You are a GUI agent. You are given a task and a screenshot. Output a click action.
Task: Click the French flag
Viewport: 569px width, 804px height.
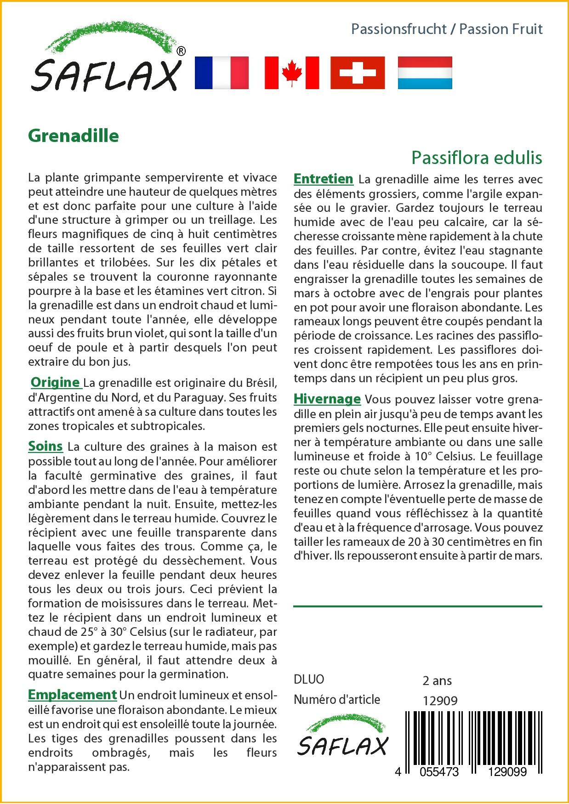(222, 73)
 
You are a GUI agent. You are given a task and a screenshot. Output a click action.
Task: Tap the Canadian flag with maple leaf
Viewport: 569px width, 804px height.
(291, 73)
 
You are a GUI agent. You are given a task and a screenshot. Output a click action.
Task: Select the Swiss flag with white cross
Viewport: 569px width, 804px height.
(358, 73)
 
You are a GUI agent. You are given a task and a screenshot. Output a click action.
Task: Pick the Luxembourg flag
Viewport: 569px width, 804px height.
(425, 73)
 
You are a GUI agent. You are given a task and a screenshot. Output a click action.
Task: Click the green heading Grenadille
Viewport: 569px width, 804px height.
(74, 136)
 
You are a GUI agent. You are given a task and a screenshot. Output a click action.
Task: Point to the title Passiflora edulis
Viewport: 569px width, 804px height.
(477, 158)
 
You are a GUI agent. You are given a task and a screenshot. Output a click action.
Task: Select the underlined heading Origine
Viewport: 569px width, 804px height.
(55, 382)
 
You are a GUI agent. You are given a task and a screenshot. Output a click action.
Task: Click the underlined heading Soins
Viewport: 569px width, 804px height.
(46, 446)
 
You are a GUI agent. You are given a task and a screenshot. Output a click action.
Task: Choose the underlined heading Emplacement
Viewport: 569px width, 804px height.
(72, 695)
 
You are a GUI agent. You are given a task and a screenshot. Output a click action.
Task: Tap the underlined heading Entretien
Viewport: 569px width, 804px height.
(323, 179)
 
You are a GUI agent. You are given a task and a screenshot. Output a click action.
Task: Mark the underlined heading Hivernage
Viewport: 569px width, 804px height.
(327, 399)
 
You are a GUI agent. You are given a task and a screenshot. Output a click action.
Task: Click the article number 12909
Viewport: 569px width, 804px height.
(440, 701)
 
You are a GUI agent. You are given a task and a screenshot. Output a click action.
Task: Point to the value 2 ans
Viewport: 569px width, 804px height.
(437, 680)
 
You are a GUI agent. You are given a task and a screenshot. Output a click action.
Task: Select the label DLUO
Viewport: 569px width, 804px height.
(309, 679)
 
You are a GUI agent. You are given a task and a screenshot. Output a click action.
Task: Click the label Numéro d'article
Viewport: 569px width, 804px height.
(337, 700)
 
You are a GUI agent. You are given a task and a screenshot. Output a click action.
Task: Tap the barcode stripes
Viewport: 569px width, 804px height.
(473, 735)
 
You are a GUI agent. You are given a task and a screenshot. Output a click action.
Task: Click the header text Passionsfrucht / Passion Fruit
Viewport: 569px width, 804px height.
(447, 29)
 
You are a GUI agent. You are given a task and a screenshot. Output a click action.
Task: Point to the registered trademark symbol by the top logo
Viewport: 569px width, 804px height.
(181, 51)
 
